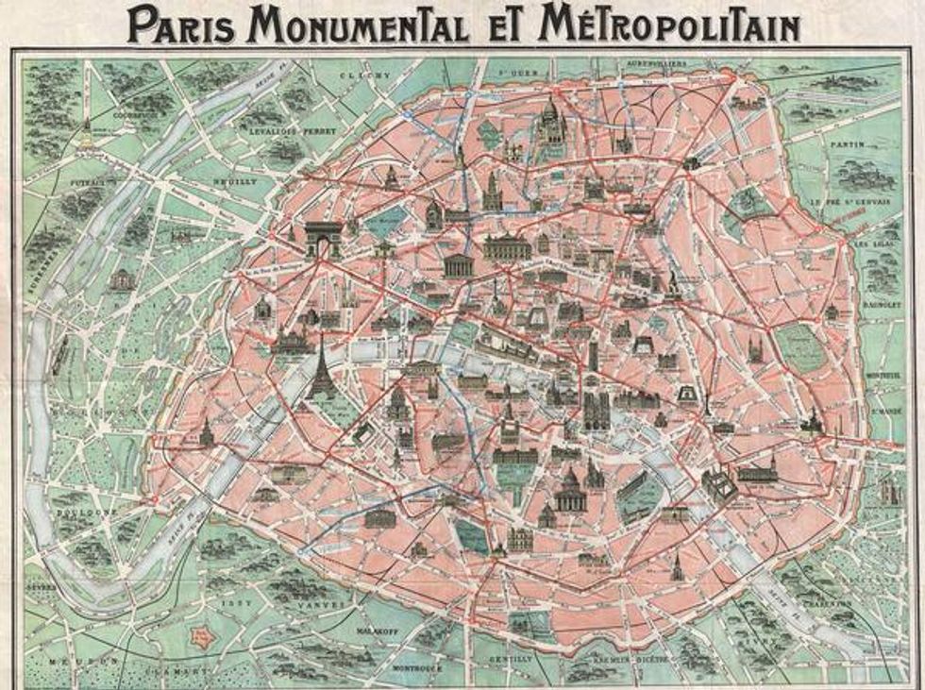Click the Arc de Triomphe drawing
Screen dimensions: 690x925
click(x=322, y=239)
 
